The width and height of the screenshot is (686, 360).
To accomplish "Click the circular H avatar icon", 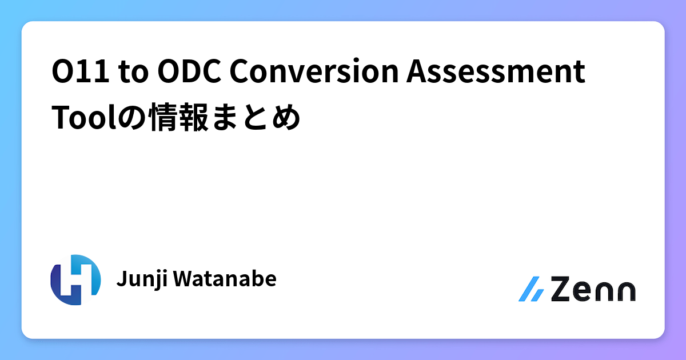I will tap(75, 279).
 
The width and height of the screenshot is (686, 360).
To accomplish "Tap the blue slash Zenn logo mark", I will tap(531, 290).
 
